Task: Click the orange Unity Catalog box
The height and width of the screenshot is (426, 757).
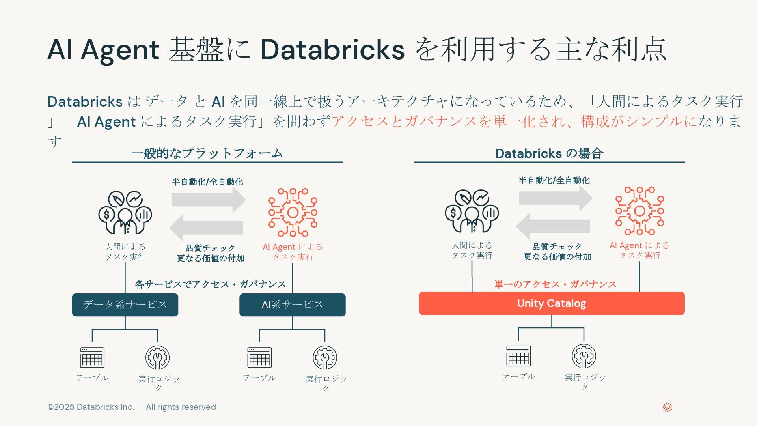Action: tap(552, 303)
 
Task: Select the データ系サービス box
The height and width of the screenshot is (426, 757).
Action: tap(125, 305)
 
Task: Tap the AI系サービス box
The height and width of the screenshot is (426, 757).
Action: tap(292, 305)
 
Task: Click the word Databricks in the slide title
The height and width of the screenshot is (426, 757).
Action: tap(332, 50)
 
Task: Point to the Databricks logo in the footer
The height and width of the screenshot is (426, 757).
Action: tap(668, 407)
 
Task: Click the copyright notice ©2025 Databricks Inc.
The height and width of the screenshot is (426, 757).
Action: tap(131, 407)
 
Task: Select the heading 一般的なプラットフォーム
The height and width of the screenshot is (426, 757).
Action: tap(207, 153)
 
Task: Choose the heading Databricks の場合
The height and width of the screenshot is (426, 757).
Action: tap(549, 153)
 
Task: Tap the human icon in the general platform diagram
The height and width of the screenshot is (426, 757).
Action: tap(125, 213)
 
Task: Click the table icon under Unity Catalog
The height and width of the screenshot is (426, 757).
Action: tap(518, 356)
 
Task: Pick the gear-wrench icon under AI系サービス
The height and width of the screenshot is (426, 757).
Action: tap(325, 357)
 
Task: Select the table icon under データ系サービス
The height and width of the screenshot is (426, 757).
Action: tap(92, 357)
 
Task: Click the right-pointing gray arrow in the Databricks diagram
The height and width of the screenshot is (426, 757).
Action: tap(556, 198)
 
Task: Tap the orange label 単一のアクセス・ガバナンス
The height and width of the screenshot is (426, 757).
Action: tap(555, 284)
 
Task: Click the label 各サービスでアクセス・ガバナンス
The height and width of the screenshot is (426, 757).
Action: tap(210, 284)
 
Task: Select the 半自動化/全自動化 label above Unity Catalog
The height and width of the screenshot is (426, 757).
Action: tap(554, 181)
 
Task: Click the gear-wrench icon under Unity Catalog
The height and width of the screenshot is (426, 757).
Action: tap(584, 356)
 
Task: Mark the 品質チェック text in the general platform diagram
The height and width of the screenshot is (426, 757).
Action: tap(210, 248)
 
